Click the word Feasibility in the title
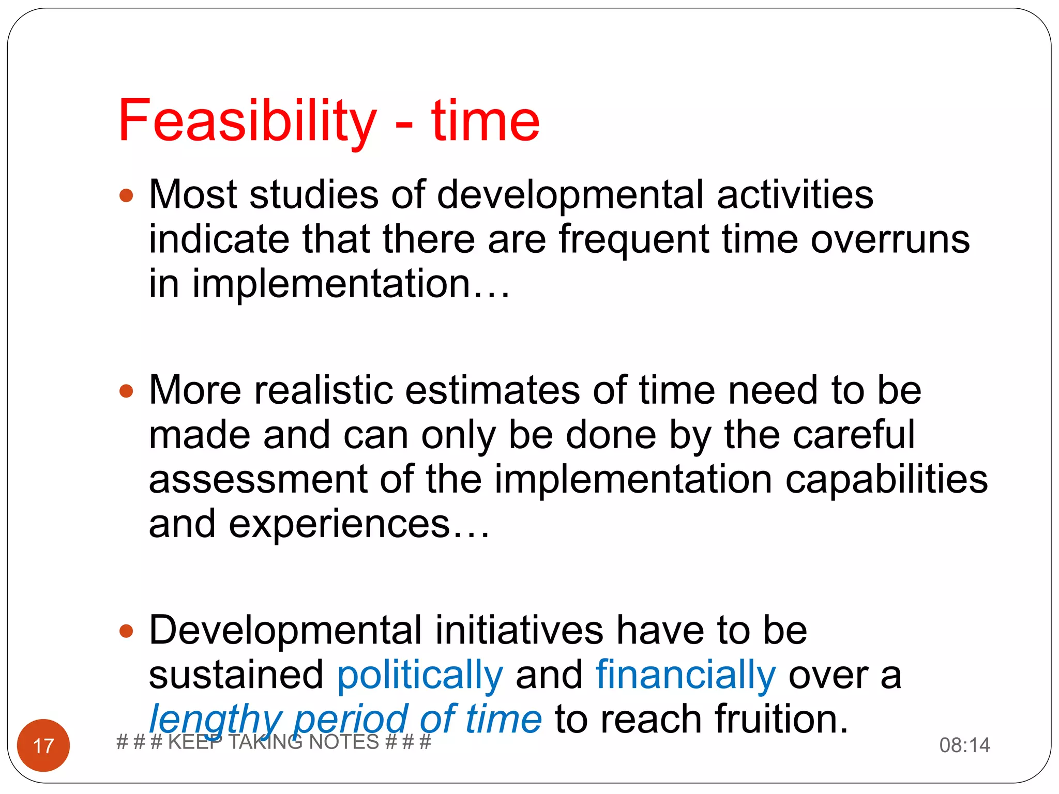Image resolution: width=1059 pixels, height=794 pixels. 247,121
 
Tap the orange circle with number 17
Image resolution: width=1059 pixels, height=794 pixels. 43,745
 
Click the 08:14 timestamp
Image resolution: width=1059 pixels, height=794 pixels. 964,745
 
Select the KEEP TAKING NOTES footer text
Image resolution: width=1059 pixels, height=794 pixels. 274,742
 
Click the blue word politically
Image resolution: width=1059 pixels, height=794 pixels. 420,675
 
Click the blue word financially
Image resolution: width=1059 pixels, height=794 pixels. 686,675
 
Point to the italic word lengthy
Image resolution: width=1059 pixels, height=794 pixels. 215,720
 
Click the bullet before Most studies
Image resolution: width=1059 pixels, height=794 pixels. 126,196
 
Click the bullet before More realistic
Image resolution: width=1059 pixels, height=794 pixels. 126,391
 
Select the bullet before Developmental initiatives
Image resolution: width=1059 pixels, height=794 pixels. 126,631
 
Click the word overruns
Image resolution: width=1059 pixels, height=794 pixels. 890,240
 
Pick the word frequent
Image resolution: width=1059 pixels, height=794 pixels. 633,240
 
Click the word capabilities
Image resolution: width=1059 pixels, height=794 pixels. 886,480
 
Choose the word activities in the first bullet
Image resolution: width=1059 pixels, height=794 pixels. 795,195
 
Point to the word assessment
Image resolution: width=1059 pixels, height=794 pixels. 258,480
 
